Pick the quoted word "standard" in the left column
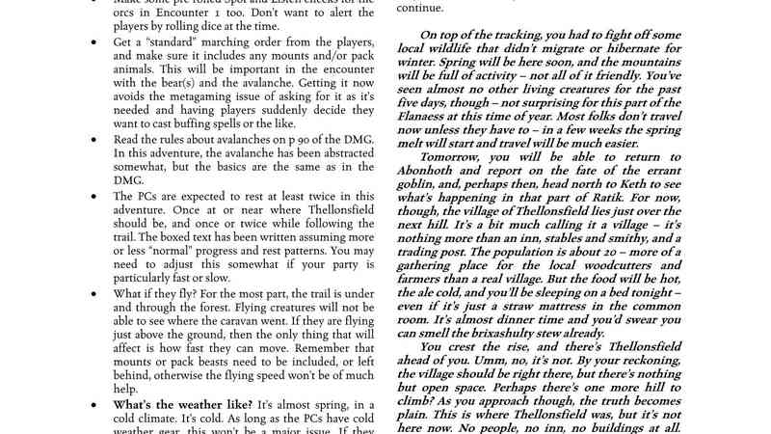tap(174, 43)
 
